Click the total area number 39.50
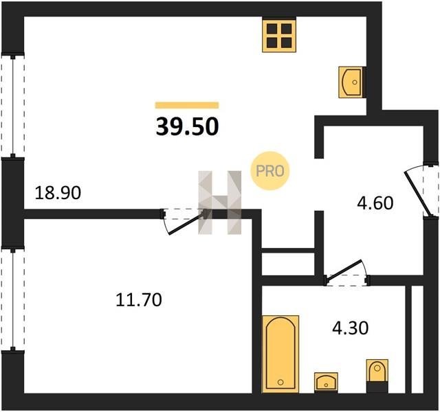(x=187, y=126)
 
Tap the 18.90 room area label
(x=58, y=193)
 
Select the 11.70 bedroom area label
(x=139, y=299)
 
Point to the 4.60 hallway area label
(x=375, y=203)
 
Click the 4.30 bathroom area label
(x=350, y=328)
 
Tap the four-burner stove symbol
(x=279, y=35)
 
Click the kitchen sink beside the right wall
(x=352, y=82)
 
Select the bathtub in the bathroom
(x=280, y=354)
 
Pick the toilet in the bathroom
(x=377, y=376)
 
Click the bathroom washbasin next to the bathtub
(x=326, y=382)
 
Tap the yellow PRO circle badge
(x=269, y=171)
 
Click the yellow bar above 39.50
(x=187, y=105)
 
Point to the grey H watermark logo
(x=220, y=203)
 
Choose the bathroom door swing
(x=345, y=271)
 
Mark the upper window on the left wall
(x=12, y=105)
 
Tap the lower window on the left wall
(x=12, y=299)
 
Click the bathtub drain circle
(x=280, y=382)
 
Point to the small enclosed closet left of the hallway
(x=288, y=264)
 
